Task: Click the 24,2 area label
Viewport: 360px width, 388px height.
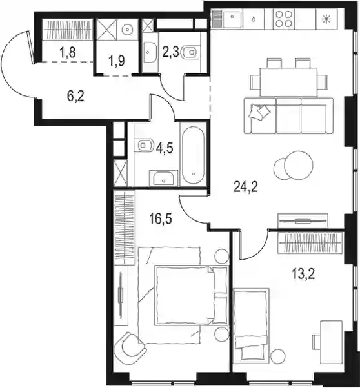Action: (246, 188)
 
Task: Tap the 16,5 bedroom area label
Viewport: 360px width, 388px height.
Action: (161, 219)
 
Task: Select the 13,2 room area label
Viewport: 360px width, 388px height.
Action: (303, 275)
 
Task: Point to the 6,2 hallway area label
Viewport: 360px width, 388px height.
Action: (75, 96)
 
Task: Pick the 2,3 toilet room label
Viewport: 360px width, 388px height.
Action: (170, 52)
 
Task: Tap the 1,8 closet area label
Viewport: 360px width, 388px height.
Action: (67, 53)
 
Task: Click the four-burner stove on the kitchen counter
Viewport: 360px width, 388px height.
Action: (283, 19)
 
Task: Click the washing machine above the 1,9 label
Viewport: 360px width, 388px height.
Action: (127, 30)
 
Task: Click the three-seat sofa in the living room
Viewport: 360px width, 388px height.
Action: (288, 115)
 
